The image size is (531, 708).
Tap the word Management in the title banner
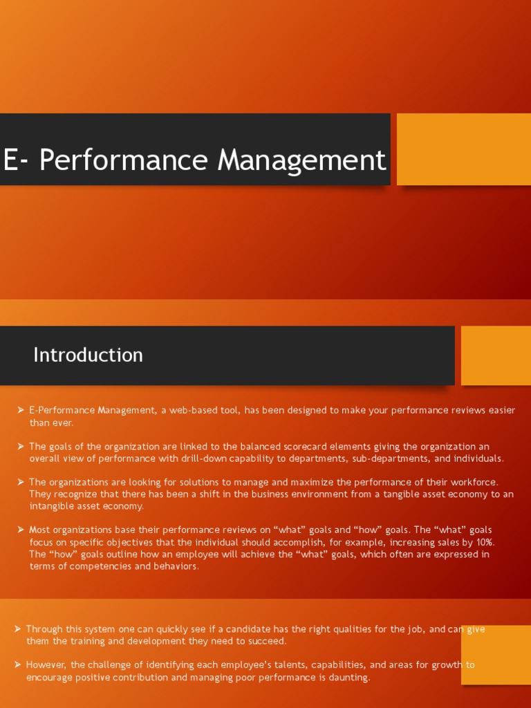[301, 160]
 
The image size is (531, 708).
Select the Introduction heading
[88, 355]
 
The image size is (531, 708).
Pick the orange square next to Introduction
[495, 355]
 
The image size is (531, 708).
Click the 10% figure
[485, 542]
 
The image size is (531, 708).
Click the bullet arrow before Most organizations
[21, 530]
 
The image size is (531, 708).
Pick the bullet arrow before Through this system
[17, 629]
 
